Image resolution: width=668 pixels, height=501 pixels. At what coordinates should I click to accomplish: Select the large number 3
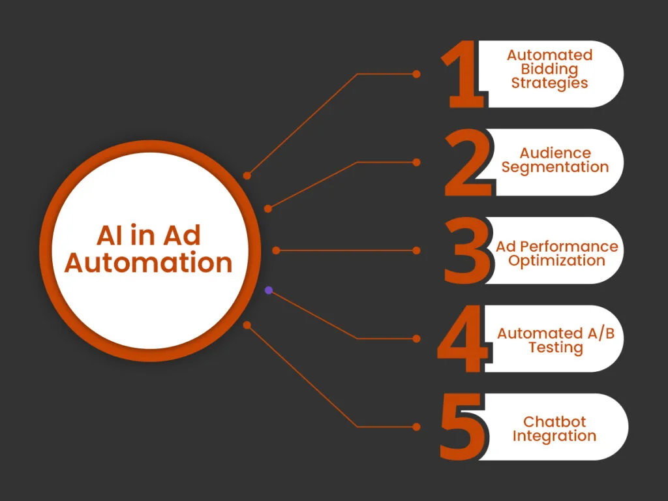(466, 251)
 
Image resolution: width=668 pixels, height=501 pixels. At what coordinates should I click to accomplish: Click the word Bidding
(549, 69)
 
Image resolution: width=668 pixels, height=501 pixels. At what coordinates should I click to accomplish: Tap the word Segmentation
(555, 167)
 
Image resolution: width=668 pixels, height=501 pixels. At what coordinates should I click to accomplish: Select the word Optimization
(556, 260)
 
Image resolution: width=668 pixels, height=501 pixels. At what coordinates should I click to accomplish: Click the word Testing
(555, 348)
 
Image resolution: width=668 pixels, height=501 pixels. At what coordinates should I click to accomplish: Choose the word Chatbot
(554, 422)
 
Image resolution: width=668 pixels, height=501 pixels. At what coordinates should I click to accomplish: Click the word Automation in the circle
(149, 262)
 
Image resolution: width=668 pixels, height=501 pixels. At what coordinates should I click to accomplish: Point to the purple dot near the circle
(268, 290)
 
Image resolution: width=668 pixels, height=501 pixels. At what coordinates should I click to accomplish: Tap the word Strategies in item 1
(549, 83)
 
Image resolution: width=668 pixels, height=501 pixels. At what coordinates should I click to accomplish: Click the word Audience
(555, 153)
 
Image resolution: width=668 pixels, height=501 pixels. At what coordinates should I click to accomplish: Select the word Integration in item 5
(554, 436)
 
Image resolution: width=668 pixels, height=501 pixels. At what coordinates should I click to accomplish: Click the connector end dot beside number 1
(417, 74)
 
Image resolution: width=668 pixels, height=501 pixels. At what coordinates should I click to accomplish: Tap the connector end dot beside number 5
(417, 427)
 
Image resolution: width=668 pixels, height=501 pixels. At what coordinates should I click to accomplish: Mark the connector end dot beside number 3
(417, 250)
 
